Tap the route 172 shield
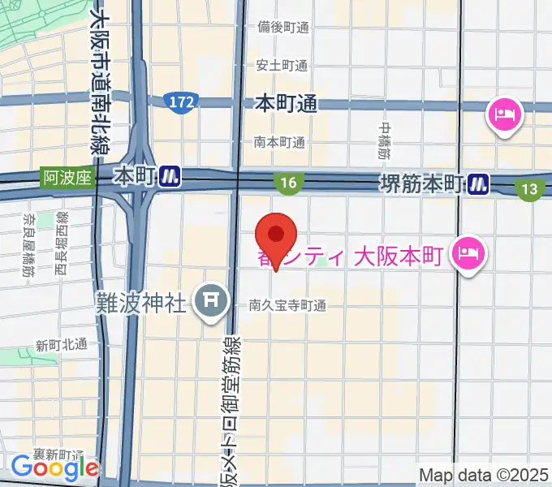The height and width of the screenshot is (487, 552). coord(181,102)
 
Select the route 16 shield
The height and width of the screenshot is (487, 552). coord(290,184)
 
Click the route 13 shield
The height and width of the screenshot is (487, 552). coord(530,189)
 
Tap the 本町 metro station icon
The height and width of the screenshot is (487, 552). coord(170,175)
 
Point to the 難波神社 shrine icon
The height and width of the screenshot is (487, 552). coord(211,301)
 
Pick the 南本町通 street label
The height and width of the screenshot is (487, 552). coord(278,142)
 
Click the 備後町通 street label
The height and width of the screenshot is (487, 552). coord(282,27)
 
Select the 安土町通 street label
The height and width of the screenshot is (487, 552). coord(281,65)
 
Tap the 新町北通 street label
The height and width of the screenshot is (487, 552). coord(61,344)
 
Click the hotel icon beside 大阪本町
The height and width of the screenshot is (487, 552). coord(470,254)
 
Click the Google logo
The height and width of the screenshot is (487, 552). coord(54,467)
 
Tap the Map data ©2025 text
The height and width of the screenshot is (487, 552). coord(483,474)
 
